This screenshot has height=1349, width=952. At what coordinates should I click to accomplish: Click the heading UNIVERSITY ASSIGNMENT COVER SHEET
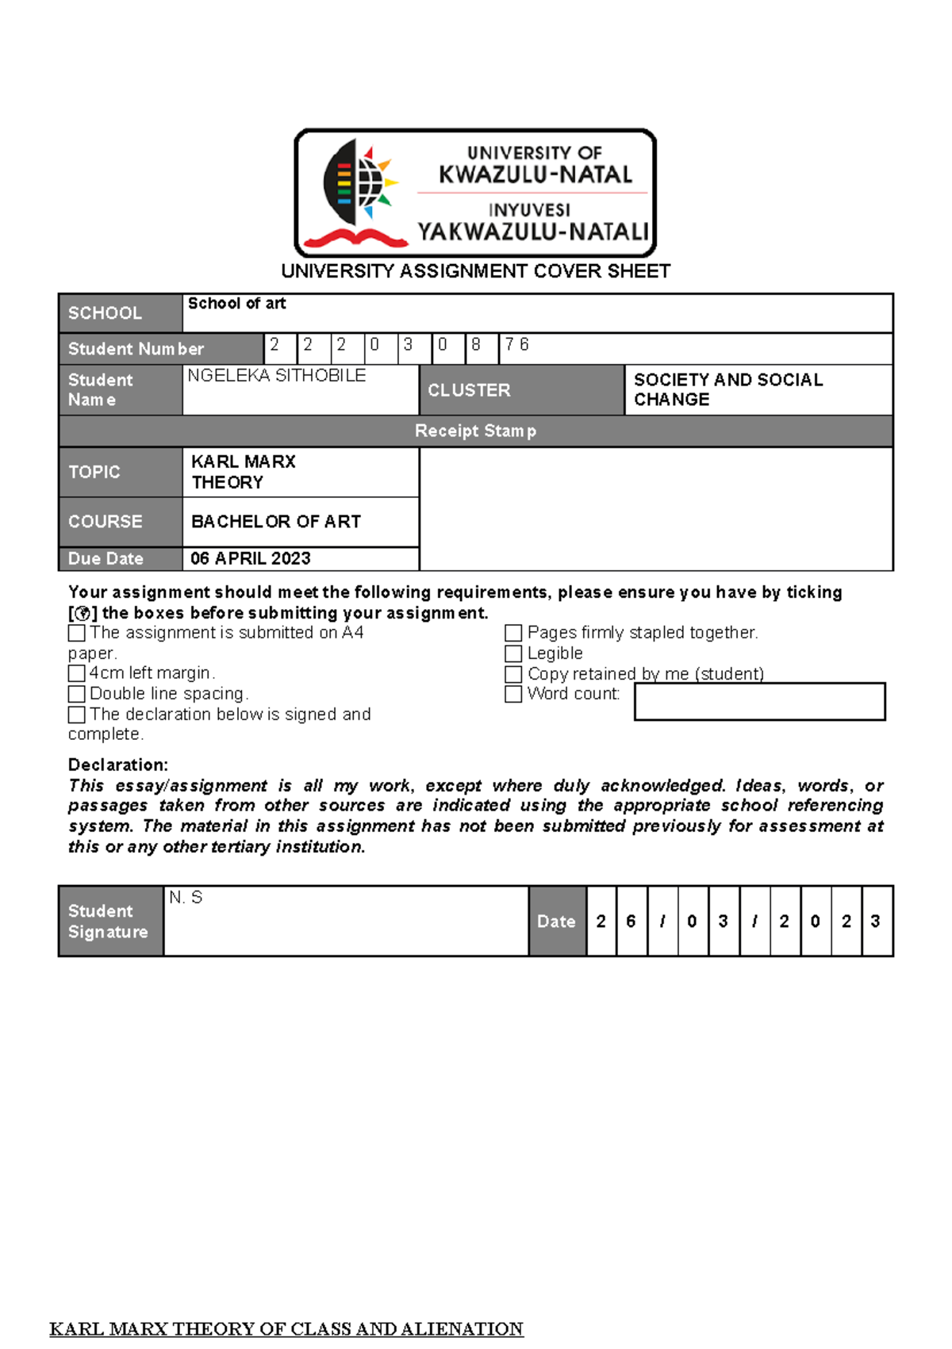pos(475,271)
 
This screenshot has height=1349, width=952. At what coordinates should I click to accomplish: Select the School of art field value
pos(236,304)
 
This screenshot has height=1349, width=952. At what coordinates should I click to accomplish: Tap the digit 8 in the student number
pos(476,345)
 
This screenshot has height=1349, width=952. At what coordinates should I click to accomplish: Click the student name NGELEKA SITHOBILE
pos(276,376)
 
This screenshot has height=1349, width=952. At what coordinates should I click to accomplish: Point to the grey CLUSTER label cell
pos(521,390)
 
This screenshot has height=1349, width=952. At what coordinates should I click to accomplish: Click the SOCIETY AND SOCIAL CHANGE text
pos(727,389)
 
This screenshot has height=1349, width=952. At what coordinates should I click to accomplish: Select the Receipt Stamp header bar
pos(475,431)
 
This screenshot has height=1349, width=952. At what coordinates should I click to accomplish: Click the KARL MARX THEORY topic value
pos(243,472)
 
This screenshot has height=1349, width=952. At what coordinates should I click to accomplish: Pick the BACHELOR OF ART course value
pos(275,522)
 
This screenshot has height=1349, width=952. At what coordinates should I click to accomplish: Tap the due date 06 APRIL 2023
pos(250,558)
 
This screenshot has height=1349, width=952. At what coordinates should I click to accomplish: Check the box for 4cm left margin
pos(77,673)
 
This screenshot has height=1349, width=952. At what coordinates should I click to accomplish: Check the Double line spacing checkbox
pos(77,694)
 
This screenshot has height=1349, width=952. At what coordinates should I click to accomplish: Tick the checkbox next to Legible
pos(513,653)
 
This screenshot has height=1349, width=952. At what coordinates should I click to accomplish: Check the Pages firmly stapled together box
pos(513,633)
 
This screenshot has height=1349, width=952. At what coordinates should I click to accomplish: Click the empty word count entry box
pos(759,702)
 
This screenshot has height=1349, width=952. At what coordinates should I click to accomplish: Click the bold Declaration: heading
pos(117,765)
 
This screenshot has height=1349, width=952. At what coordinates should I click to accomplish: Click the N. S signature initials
pos(186,898)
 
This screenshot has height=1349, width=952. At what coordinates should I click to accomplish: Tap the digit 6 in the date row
pos(631,922)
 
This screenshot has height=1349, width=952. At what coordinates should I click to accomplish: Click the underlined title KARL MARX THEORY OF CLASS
pos(286,1329)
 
